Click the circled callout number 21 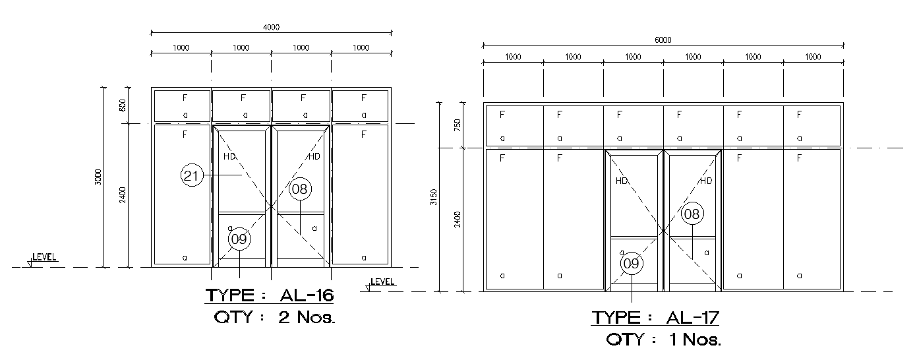tap(191, 176)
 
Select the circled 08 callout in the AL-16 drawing tap(300, 189)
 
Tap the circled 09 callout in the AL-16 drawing tap(239, 239)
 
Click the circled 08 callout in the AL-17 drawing tap(692, 214)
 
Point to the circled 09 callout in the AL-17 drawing tap(631, 264)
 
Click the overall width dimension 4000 tap(272, 27)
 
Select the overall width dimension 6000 tap(663, 40)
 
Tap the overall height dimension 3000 tap(98, 177)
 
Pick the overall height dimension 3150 tap(433, 197)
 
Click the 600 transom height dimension tap(122, 105)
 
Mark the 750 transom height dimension tap(457, 125)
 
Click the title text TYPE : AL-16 tap(269, 295)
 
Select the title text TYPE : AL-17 tap(655, 318)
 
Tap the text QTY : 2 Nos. tap(275, 317)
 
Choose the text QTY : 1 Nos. tap(663, 340)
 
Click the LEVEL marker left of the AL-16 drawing tap(43, 258)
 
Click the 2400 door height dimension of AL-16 tap(122, 195)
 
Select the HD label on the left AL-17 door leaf tap(621, 181)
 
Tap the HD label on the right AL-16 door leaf tap(314, 156)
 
